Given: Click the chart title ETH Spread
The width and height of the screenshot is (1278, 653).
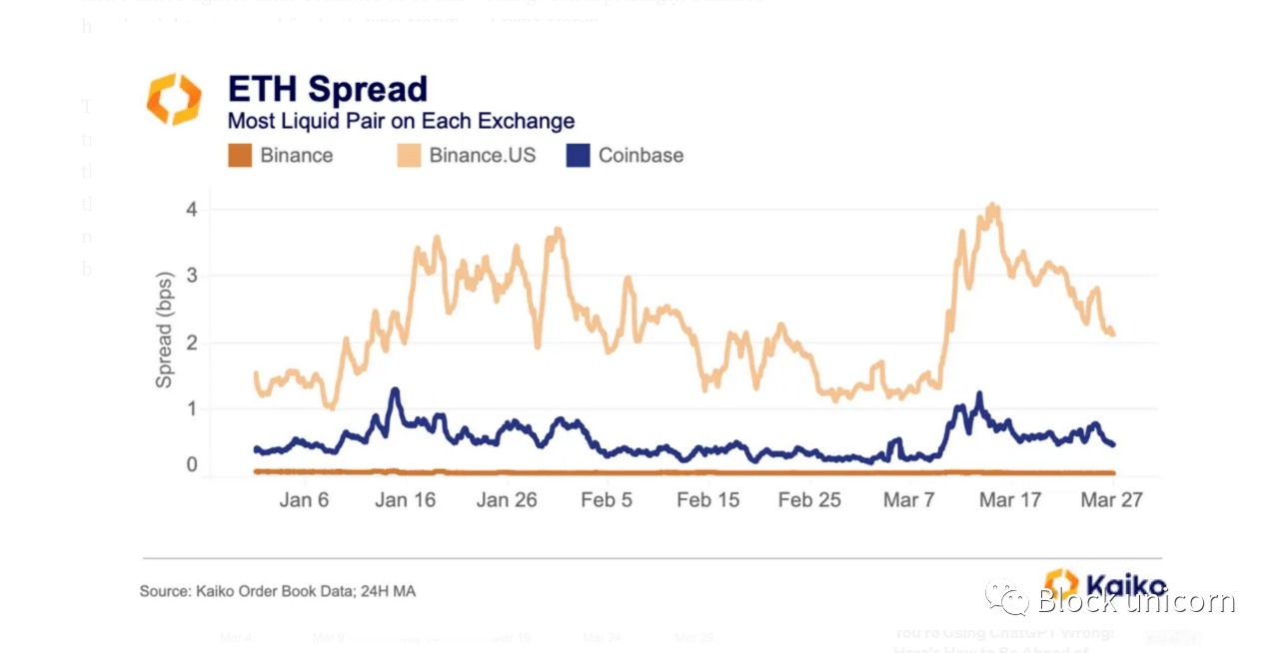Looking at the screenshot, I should point(327,89).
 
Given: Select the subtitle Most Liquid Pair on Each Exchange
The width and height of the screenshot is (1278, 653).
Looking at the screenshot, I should point(401,122).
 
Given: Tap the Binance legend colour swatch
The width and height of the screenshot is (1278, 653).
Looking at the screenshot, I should point(240,156).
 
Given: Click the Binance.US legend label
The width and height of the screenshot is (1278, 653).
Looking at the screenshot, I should point(482,156).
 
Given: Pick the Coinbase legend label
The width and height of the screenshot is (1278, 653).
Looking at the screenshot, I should point(640,156).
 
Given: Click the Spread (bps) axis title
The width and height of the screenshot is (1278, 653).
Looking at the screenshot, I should point(164,329).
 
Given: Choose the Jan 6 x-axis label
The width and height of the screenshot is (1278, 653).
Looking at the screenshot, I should point(304,500).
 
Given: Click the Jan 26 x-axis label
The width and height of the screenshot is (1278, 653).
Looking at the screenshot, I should point(507,500).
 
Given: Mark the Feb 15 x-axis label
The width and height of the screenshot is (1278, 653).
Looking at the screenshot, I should point(708,500).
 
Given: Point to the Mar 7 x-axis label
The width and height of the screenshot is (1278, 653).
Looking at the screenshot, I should point(908,500).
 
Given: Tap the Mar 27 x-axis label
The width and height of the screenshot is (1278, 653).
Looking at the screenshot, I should point(1111,500).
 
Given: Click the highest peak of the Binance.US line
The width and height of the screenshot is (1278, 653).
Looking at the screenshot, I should point(992,207).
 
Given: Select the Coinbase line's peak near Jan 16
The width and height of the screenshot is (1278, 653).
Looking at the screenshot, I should point(395,390).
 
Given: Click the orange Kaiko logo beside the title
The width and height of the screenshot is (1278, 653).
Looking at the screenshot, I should point(174,99).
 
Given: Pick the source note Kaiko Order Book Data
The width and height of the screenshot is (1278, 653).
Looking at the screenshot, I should point(277,591).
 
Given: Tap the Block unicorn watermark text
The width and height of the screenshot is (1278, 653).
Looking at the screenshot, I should point(1135,601).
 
